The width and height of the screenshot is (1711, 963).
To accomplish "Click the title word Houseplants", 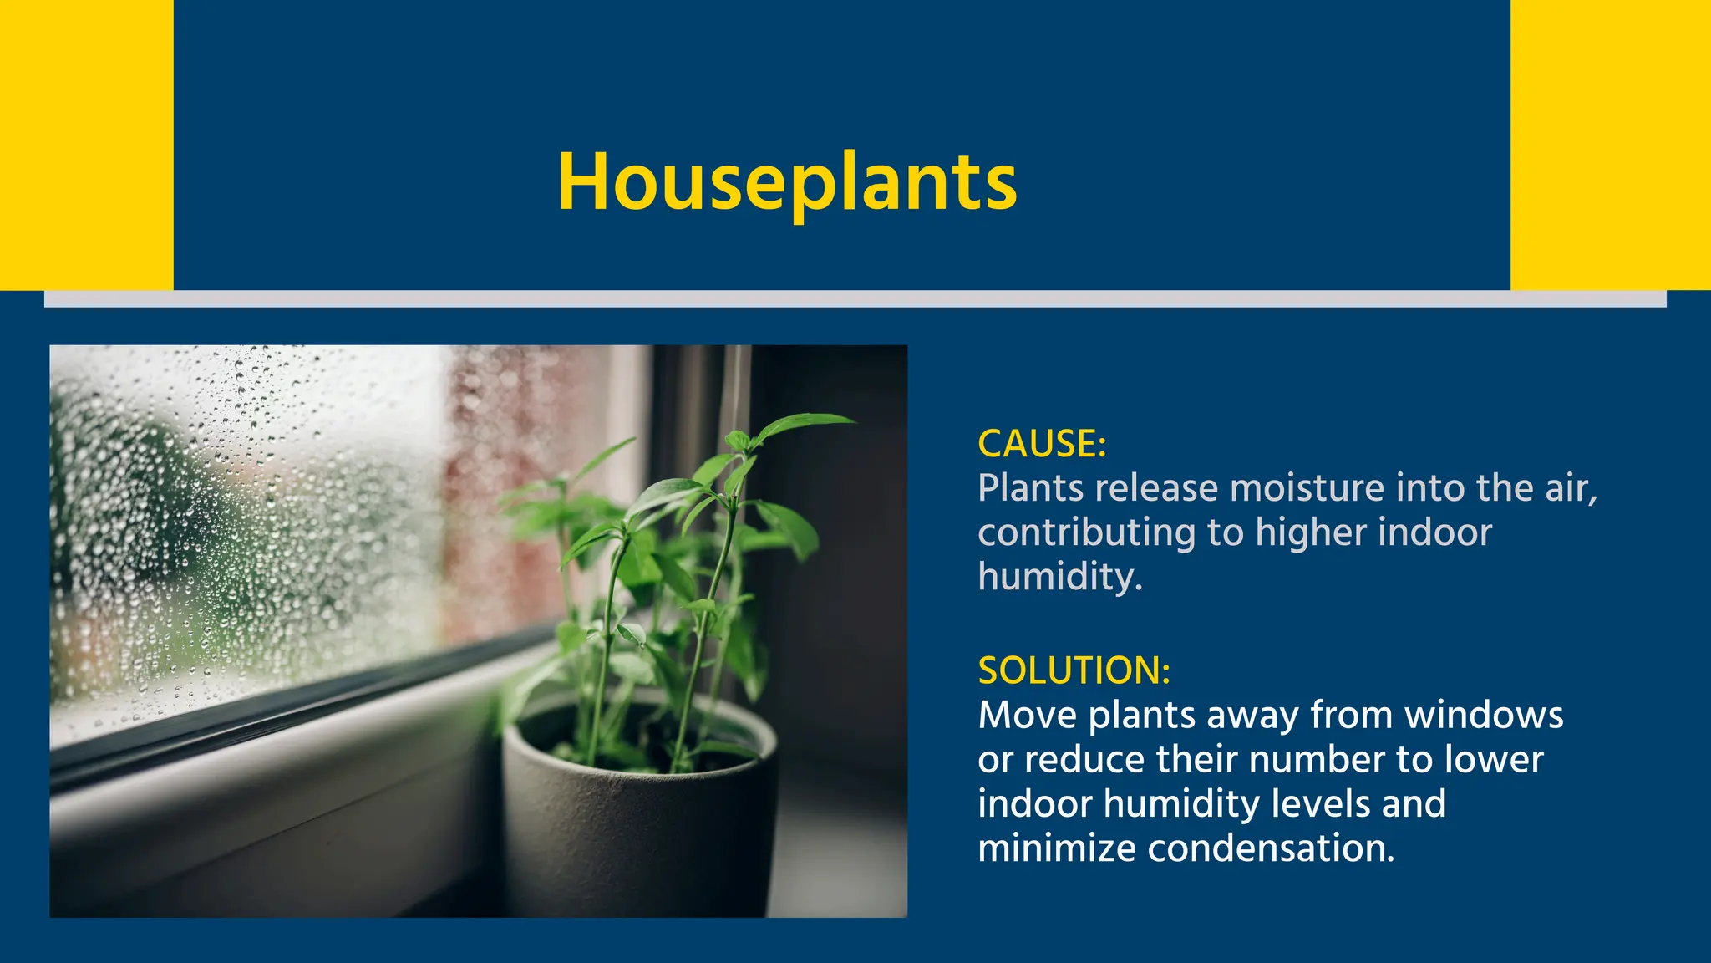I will [x=787, y=182].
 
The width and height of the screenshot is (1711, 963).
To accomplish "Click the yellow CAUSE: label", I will [x=1041, y=443].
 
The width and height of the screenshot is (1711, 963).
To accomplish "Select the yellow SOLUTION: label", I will [x=1074, y=670].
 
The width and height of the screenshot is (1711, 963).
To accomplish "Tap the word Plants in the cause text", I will [x=1028, y=488].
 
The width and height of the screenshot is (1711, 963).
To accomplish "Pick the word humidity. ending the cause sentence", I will [x=1059, y=577].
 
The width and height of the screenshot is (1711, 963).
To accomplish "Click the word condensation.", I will [x=1271, y=848].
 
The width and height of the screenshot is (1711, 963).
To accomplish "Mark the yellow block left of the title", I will [x=86, y=145].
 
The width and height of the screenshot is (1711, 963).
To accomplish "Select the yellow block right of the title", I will [x=1610, y=145].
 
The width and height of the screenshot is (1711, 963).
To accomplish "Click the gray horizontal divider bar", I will [x=855, y=298].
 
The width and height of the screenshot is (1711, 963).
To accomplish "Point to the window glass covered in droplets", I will [x=251, y=518].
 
